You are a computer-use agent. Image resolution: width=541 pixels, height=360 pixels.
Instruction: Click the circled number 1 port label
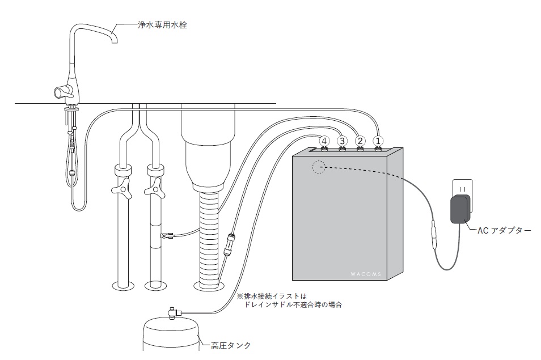point(379,140)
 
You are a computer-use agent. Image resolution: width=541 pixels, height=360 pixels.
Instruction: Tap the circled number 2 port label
point(360,140)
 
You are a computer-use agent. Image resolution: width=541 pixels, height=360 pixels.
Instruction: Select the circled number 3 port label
point(342,140)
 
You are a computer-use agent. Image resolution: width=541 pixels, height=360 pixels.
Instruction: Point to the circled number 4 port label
point(324,140)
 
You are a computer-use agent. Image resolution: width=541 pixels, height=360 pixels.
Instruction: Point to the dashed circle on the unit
point(319,167)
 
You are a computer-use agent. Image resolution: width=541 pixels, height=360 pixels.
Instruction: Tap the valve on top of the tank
point(171,311)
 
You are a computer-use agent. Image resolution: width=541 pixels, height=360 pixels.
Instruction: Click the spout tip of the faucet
point(115,40)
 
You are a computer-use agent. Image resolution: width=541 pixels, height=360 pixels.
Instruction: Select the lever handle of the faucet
point(60,91)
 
